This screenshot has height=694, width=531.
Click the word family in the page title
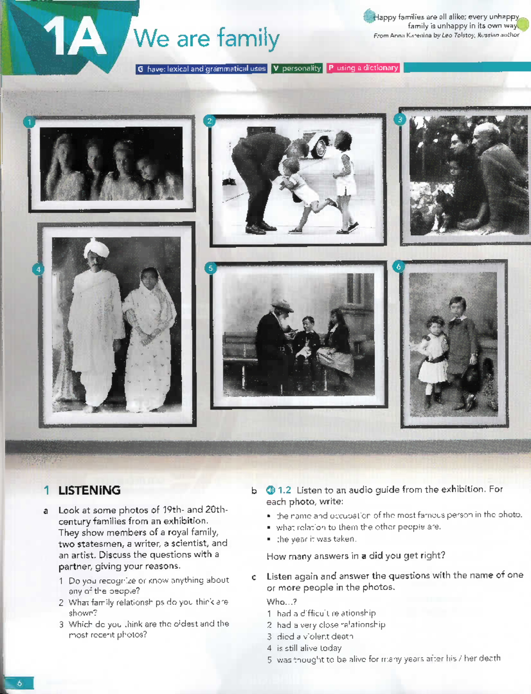[x=248, y=39]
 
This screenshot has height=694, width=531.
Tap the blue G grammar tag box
[x=201, y=69]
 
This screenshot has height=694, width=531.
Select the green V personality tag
[x=297, y=68]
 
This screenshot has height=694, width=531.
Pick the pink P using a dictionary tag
[x=363, y=68]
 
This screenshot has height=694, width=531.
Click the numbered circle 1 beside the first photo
[x=29, y=122]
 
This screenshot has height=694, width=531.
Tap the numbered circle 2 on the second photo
[x=209, y=121]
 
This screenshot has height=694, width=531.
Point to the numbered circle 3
[x=400, y=119]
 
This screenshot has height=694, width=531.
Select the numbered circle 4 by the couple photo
[x=38, y=269]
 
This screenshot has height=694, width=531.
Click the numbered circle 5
[x=211, y=268]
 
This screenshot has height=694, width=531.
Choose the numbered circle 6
[x=398, y=266]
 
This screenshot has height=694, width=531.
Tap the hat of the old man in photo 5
[x=282, y=305]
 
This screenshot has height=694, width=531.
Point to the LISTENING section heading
[x=89, y=490]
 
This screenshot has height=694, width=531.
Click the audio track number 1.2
[x=285, y=490]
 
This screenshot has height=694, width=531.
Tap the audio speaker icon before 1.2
[x=270, y=490]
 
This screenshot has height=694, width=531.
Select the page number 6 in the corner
[x=19, y=683]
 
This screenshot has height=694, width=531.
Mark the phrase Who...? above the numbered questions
[x=281, y=602]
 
